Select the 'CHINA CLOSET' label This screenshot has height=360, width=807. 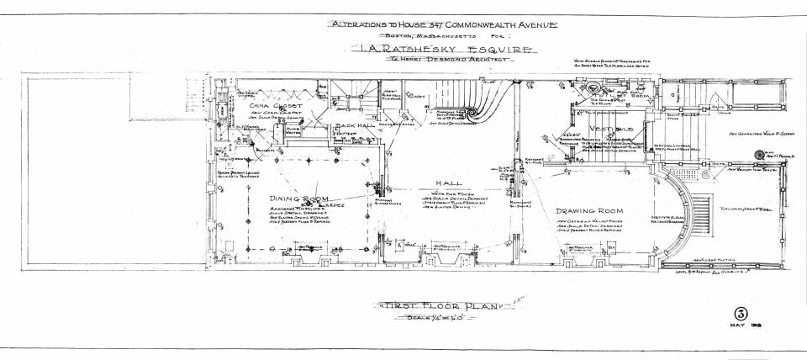coord(268,105)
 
